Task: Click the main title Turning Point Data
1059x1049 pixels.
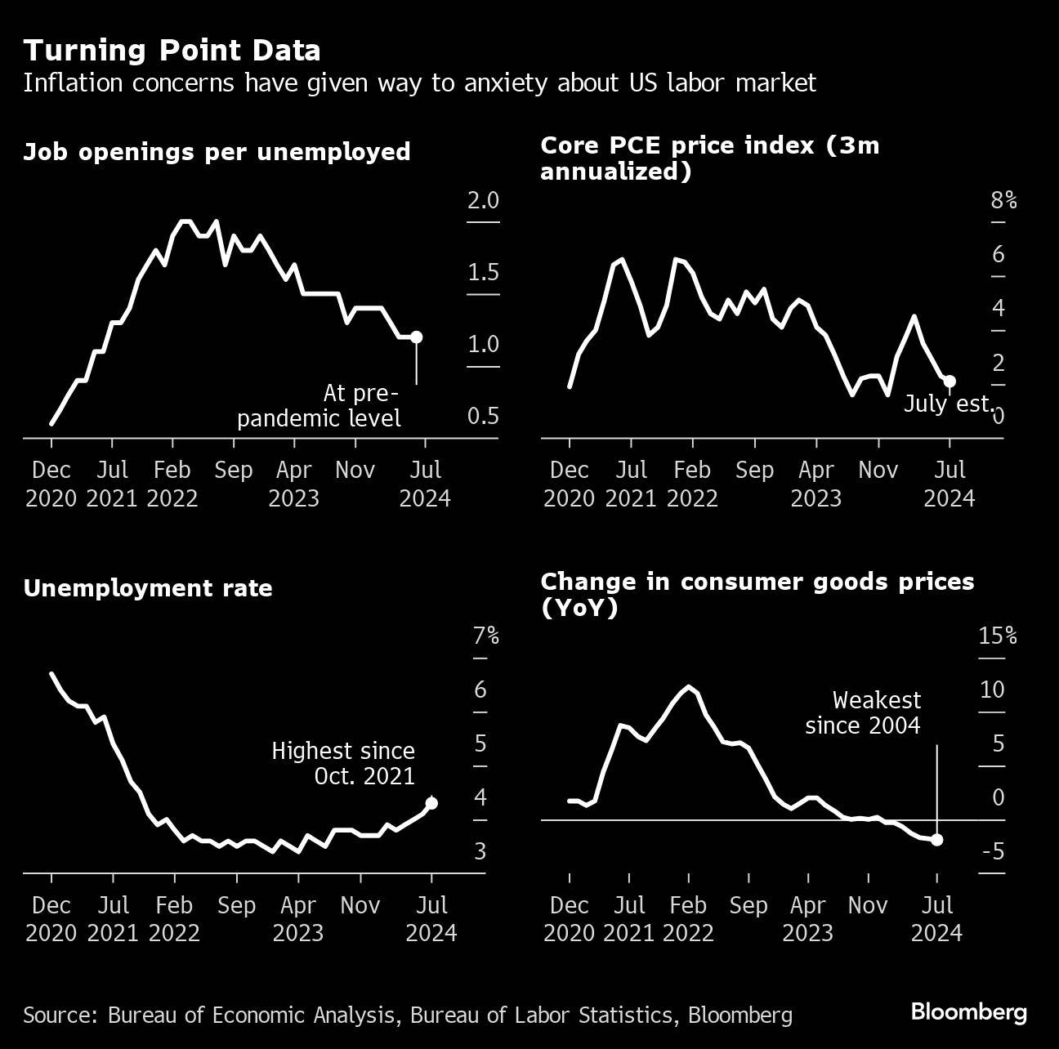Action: [x=172, y=51]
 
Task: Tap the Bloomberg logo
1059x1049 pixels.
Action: [x=968, y=1012]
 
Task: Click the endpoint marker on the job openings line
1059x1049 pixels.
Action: [x=416, y=337]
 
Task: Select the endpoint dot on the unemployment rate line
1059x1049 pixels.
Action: [x=431, y=803]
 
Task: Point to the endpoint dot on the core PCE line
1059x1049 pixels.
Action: [x=950, y=381]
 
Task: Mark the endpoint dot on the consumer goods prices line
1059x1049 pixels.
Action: [x=936, y=840]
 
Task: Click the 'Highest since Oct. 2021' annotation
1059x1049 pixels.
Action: [x=343, y=762]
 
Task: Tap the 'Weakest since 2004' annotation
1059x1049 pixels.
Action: [x=863, y=712]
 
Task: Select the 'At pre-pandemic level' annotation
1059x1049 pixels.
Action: [x=319, y=405]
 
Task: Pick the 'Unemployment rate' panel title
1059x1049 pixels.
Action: [x=148, y=588]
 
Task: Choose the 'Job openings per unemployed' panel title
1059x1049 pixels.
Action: [x=217, y=152]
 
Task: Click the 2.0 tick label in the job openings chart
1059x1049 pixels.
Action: [x=482, y=201]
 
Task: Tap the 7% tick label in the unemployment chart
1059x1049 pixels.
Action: [x=485, y=636]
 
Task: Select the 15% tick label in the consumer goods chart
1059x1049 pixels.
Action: [x=998, y=636]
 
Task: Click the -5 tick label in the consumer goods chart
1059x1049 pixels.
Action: [x=993, y=851]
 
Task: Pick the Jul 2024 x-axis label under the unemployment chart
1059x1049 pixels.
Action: [x=431, y=918]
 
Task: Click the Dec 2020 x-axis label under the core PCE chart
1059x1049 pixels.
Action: [x=570, y=484]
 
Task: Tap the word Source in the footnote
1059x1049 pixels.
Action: [x=59, y=1015]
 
